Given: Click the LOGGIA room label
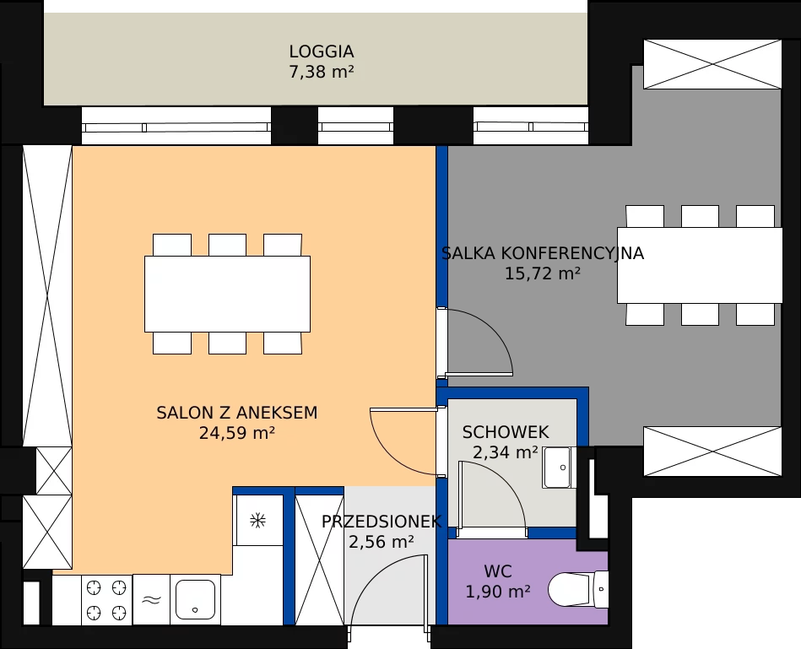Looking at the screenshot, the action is (x=322, y=51).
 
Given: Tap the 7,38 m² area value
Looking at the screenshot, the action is (x=322, y=72).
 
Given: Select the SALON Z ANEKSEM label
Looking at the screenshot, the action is (x=237, y=413).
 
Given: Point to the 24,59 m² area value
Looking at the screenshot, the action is (x=237, y=433).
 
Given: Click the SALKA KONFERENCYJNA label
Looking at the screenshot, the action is (x=543, y=253).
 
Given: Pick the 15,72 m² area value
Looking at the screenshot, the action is (x=543, y=273).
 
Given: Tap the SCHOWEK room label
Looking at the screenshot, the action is (x=506, y=432).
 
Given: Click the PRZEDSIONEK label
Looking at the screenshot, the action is (x=382, y=522).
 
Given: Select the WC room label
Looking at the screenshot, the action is (x=497, y=571).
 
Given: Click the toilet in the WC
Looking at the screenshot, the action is (x=578, y=590).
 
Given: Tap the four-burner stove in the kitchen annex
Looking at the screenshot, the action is (x=106, y=599).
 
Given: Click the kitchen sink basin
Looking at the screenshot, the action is (x=195, y=599).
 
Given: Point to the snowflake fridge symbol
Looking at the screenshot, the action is (x=258, y=521).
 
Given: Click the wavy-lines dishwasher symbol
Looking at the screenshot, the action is (x=151, y=600).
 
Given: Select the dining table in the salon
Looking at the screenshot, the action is (x=227, y=295).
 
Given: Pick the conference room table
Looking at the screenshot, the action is (x=700, y=266).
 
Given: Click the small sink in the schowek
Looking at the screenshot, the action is (x=557, y=468).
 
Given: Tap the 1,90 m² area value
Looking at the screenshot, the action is (x=497, y=592).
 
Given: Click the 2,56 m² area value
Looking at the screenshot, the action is (x=382, y=542).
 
